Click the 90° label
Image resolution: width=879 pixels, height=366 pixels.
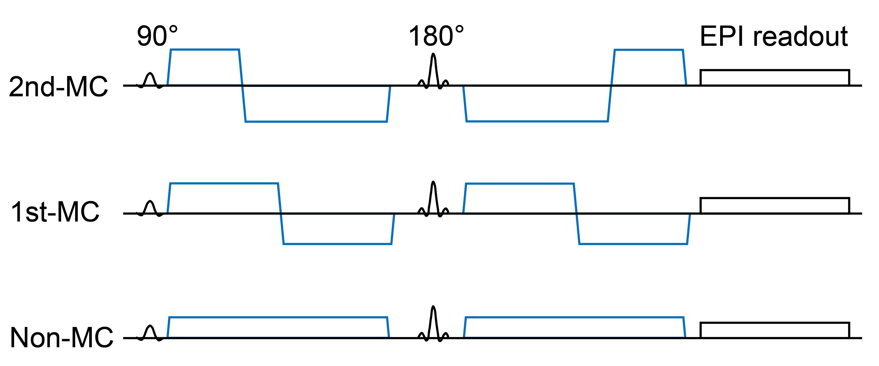[x=157, y=36]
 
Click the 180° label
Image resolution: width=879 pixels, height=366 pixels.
[x=436, y=36]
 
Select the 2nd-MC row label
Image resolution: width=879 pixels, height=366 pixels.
[x=58, y=87]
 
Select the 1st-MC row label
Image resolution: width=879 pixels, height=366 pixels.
[x=55, y=212]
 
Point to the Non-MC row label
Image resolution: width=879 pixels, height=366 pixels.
[x=61, y=338]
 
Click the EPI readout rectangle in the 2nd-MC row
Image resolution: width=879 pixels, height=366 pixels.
[x=775, y=78]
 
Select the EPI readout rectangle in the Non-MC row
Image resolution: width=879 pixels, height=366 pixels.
[x=775, y=330]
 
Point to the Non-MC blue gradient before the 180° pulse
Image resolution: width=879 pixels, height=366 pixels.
[x=278, y=327]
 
